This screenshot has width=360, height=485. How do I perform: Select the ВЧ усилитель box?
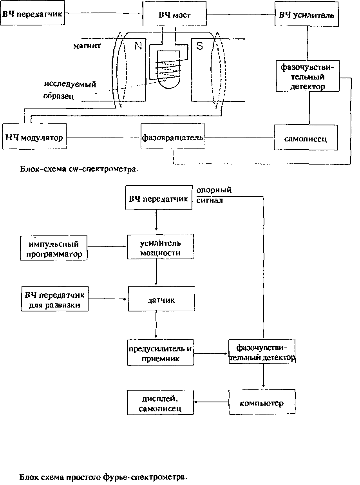tap(306, 15)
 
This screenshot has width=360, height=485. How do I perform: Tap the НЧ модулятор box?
tap(34, 138)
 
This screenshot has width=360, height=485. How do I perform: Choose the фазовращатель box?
tap(172, 138)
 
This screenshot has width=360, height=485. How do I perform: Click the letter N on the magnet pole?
tap(138, 46)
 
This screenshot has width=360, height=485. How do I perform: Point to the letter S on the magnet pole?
tap(200, 46)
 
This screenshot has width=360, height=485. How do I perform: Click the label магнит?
tap(87, 46)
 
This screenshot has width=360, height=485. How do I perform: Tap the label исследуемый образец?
tap(70, 90)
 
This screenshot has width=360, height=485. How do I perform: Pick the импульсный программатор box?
tap(54, 249)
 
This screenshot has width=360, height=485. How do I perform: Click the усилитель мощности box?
tap(161, 248)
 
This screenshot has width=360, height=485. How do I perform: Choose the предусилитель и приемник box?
tap(161, 353)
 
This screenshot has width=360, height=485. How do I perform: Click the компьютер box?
tap(262, 403)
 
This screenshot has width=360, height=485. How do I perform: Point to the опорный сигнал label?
tap(214, 195)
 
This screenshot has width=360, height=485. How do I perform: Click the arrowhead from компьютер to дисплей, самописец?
tap(197, 402)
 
